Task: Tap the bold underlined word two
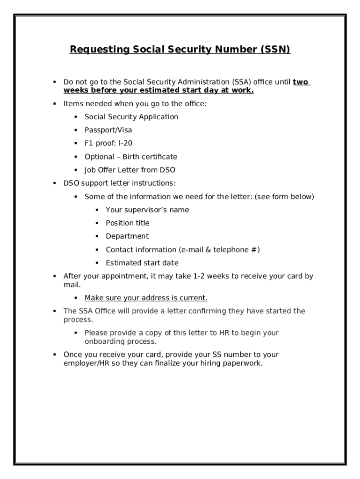pyautogui.click(x=301, y=82)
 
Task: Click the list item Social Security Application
pyautogui.click(x=131, y=117)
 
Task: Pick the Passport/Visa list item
pyautogui.click(x=108, y=130)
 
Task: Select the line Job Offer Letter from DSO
pyautogui.click(x=130, y=170)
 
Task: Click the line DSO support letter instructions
pyautogui.click(x=119, y=183)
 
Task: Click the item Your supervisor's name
pyautogui.click(x=147, y=210)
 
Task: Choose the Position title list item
pyautogui.click(x=127, y=223)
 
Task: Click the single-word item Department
pyautogui.click(x=127, y=236)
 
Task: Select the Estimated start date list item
pyautogui.click(x=142, y=263)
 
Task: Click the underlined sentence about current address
pyautogui.click(x=146, y=298)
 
